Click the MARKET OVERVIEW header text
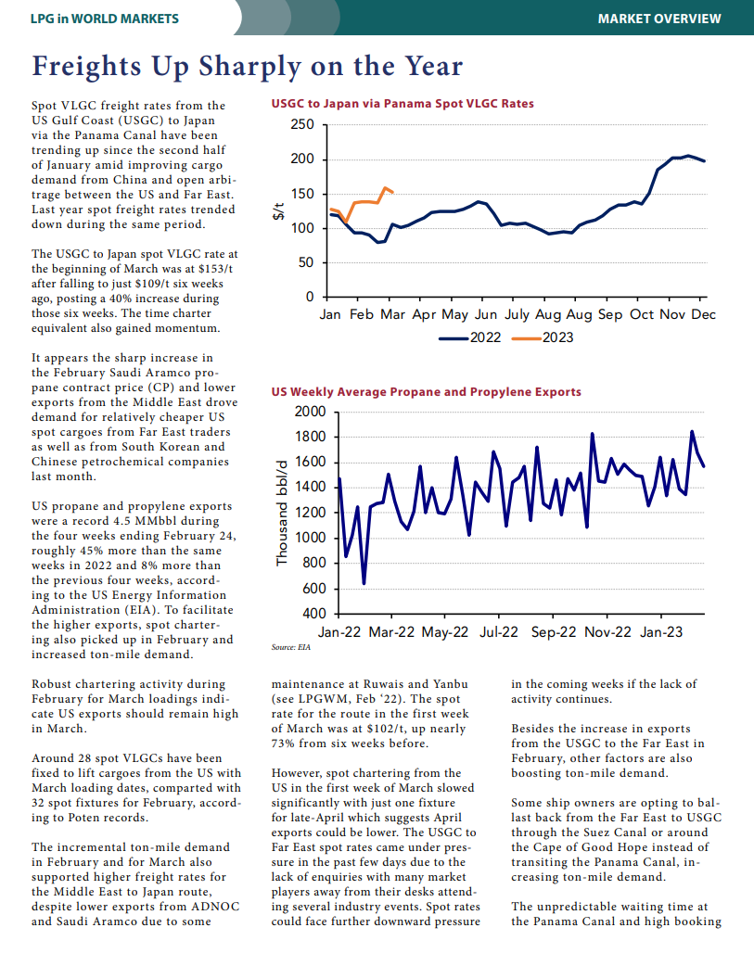[x=659, y=19]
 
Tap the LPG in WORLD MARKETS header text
[x=105, y=19]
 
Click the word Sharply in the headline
[x=249, y=67]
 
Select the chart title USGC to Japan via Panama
[x=403, y=104]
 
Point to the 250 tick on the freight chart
[x=302, y=124]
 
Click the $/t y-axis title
[x=278, y=210]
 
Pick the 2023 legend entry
[x=543, y=337]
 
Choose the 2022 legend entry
[x=470, y=337]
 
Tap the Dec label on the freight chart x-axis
[x=704, y=315]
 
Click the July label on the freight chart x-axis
[x=517, y=315]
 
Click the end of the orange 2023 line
[x=393, y=193]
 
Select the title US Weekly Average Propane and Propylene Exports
[x=427, y=392]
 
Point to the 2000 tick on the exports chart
[x=310, y=412]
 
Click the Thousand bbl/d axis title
[x=282, y=514]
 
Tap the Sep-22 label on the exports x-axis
[x=554, y=632]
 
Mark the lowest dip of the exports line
[x=364, y=583]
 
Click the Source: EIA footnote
[x=290, y=647]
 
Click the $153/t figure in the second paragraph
[x=215, y=269]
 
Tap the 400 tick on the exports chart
[x=314, y=614]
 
